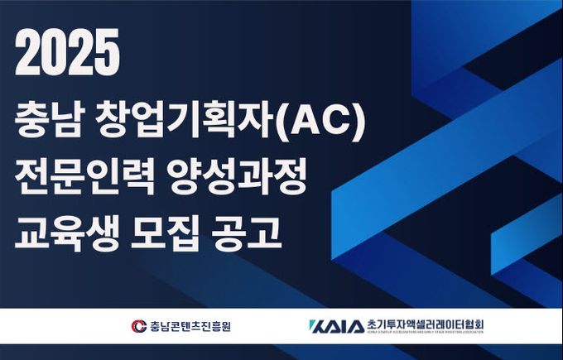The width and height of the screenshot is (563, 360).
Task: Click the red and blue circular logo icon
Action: tap(139, 326)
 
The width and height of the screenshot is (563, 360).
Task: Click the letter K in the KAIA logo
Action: tap(315, 325)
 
